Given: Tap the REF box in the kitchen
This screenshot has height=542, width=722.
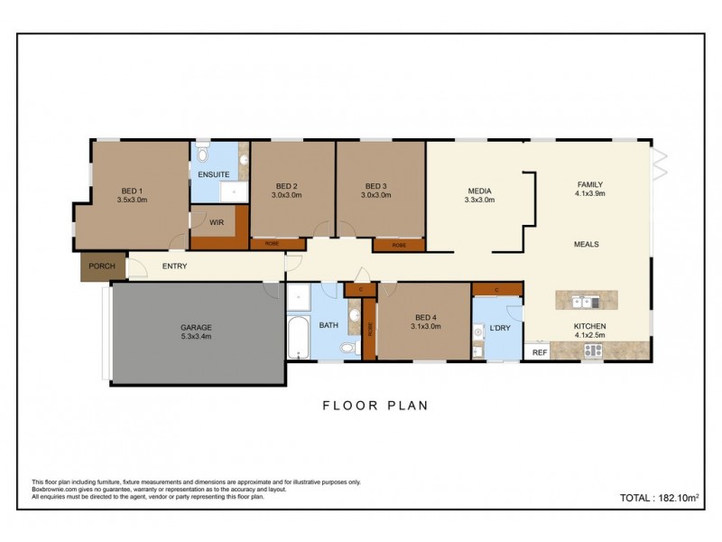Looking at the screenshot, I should [x=539, y=352].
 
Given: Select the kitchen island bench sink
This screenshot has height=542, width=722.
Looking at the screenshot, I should [x=581, y=302].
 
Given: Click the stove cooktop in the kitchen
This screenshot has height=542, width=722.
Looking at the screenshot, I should [x=592, y=352].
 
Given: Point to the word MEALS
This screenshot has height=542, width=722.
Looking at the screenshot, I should [x=587, y=245].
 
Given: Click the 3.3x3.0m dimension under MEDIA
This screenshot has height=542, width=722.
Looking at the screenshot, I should [x=479, y=201].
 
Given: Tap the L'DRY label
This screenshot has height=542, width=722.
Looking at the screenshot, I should [x=500, y=328].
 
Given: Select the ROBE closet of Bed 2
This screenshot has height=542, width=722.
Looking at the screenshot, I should [x=271, y=244].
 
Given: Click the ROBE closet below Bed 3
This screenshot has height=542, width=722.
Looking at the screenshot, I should [x=398, y=245].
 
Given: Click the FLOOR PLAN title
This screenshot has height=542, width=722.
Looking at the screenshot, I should [x=375, y=406].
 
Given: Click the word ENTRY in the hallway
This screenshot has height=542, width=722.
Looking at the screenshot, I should [x=174, y=266].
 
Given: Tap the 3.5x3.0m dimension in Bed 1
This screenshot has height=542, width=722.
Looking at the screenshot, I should [x=132, y=200].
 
